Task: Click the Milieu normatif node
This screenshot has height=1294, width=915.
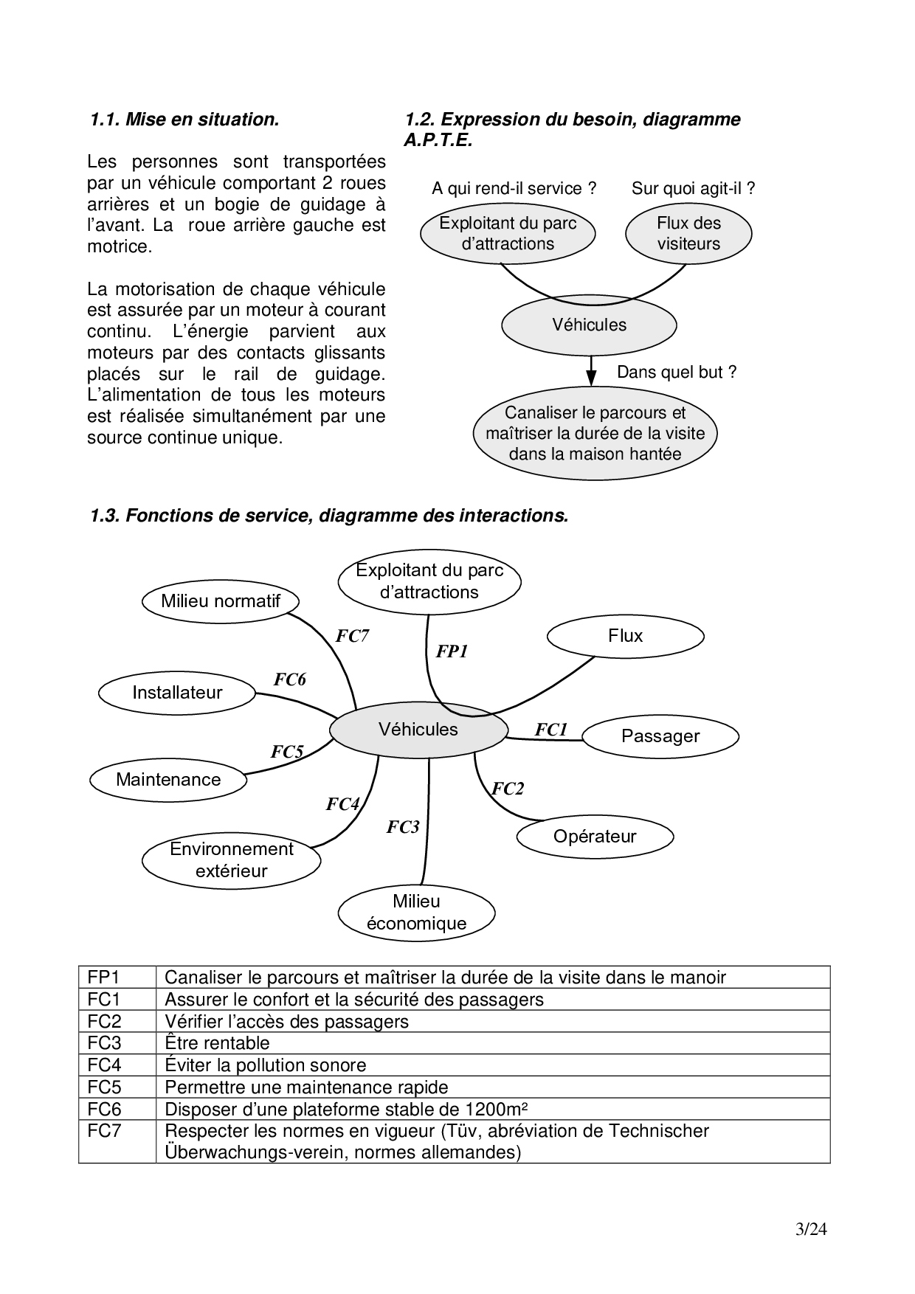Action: click(x=221, y=601)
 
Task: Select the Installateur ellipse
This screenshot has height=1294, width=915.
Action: click(x=177, y=693)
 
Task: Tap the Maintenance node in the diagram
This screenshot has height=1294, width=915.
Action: click(x=168, y=780)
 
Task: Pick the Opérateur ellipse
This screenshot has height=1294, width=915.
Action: click(x=595, y=837)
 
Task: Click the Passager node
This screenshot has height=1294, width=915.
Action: click(x=660, y=736)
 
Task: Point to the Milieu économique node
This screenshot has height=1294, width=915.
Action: click(x=416, y=913)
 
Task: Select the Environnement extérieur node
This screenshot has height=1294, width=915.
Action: click(x=232, y=860)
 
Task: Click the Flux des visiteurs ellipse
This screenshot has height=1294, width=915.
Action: click(x=688, y=234)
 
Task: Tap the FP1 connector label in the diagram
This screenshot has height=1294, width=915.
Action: click(x=452, y=651)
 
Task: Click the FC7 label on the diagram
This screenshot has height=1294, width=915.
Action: click(x=352, y=637)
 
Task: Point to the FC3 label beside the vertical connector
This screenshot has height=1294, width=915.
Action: click(x=403, y=828)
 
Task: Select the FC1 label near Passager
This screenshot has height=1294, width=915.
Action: click(x=550, y=730)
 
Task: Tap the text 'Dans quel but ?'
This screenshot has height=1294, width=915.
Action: click(x=677, y=373)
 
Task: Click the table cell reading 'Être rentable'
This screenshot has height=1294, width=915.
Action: click(x=217, y=1043)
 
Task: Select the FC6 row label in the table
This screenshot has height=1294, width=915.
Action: click(x=104, y=1109)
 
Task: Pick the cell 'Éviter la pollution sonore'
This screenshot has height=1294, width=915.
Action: click(x=266, y=1065)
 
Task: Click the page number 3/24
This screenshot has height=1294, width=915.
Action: click(x=812, y=1229)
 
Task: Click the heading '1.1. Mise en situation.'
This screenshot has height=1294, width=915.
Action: click(x=184, y=120)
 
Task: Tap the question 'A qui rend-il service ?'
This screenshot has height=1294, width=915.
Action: click(x=514, y=189)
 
